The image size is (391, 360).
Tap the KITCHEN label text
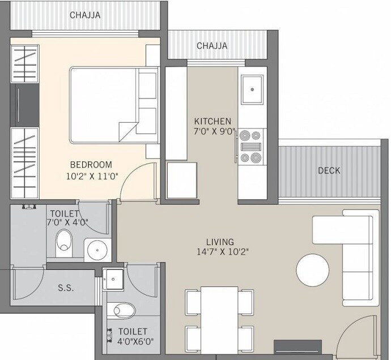click(212, 121)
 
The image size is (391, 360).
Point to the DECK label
click(329, 170)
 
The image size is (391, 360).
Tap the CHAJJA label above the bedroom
click(85, 15)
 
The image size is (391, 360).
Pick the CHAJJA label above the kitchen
click(212, 45)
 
